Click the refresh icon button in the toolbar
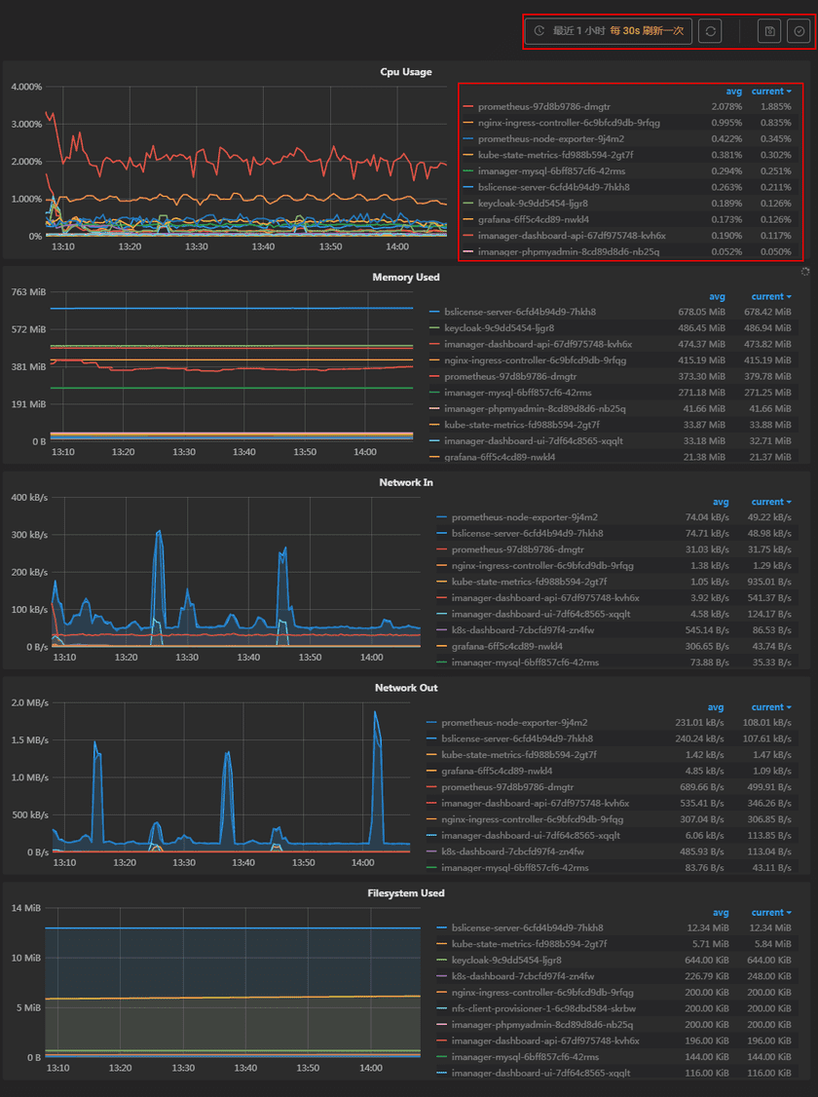tap(711, 31)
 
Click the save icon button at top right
tap(769, 31)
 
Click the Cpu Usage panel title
tap(406, 71)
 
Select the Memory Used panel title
tap(406, 277)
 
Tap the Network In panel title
tap(406, 482)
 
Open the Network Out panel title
tap(406, 688)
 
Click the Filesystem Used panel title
tap(406, 893)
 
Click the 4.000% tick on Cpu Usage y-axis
tap(26, 87)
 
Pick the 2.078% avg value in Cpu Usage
tap(726, 106)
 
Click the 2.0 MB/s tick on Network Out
tap(26, 703)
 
